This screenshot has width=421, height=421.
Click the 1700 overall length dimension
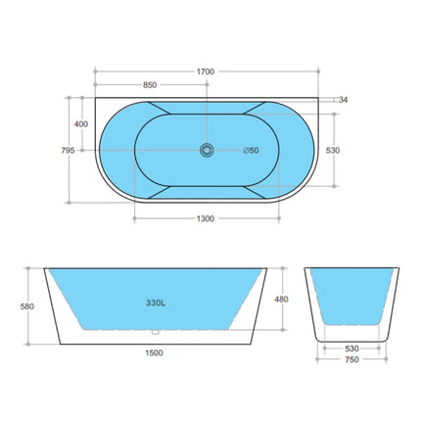[x=206, y=71]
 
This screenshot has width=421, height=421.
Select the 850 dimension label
[x=150, y=85]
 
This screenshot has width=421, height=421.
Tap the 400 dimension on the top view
[x=80, y=124]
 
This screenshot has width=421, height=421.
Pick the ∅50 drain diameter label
[x=252, y=150]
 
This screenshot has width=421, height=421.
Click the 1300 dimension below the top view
[x=206, y=219]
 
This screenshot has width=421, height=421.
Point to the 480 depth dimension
[x=282, y=299]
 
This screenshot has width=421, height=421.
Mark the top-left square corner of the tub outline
[x=95, y=99]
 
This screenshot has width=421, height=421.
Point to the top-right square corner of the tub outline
[x=320, y=99]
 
